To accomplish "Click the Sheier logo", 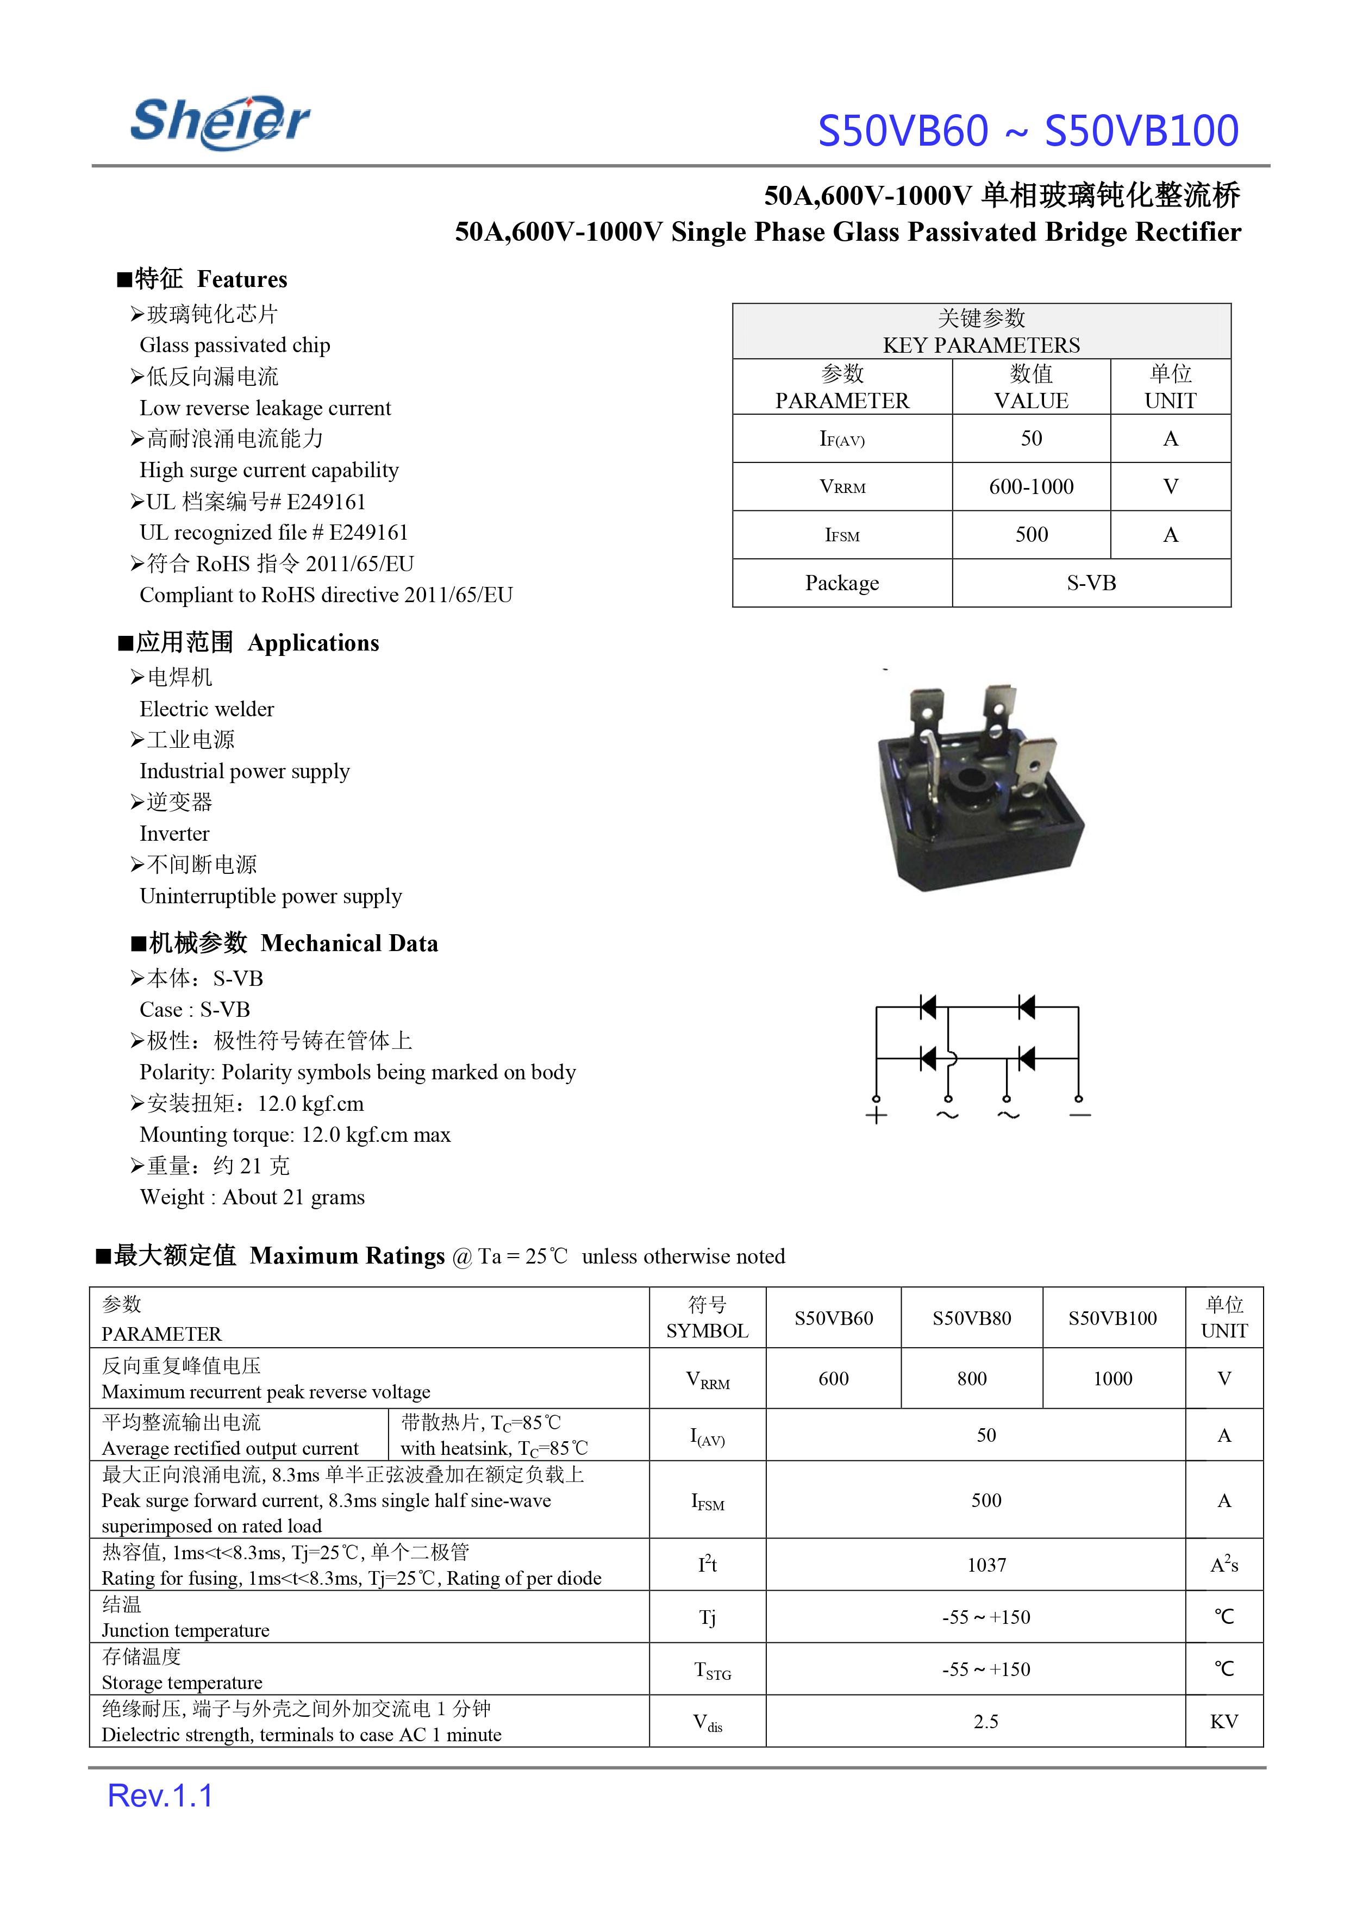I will tap(220, 122).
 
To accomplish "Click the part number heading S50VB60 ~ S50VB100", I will tap(1028, 132).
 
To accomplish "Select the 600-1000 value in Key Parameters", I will tap(1031, 486).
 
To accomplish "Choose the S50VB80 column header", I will tap(971, 1318).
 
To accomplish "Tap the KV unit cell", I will tap(1224, 1722).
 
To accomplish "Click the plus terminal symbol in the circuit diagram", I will tap(876, 1116).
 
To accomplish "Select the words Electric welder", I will tap(207, 709).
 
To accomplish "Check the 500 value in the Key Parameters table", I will tap(1031, 535).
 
